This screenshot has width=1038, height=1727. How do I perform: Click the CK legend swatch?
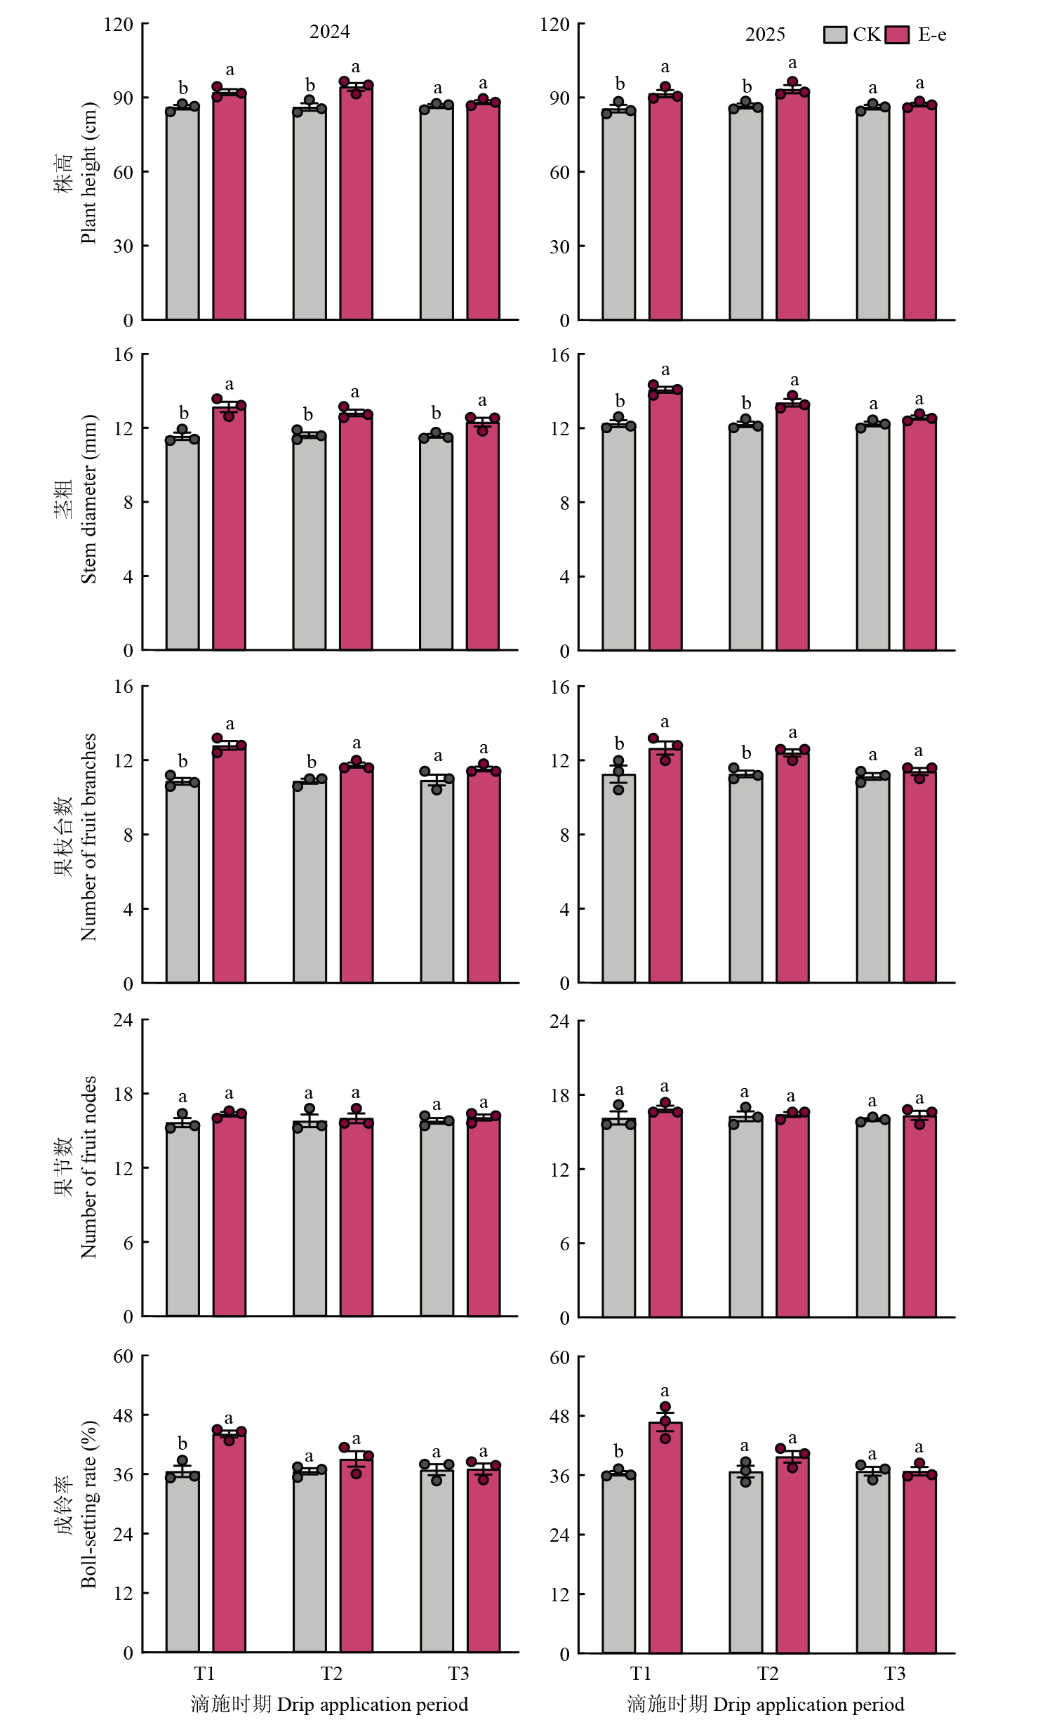[x=835, y=34]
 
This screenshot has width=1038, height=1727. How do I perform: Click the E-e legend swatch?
[x=897, y=34]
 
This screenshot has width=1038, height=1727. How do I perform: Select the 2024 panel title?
[x=330, y=32]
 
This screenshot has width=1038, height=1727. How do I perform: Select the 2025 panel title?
[x=765, y=34]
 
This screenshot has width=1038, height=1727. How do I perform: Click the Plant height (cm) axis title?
[x=88, y=173]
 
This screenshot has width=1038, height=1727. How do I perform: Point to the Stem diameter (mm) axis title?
[x=88, y=499]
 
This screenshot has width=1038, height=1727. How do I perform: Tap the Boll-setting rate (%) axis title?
[x=88, y=1504]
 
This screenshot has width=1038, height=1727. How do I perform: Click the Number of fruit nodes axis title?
[x=88, y=1167]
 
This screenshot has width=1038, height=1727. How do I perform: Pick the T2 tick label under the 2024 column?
[x=331, y=1674]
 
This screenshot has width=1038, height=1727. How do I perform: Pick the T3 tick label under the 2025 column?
[x=895, y=1674]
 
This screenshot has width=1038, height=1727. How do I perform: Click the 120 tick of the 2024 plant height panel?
[x=118, y=25]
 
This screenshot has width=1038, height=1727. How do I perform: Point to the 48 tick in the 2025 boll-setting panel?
[x=559, y=1416]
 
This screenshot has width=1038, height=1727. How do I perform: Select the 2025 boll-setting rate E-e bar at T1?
[x=665, y=1537]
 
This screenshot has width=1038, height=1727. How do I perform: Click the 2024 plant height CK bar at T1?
[x=182, y=213]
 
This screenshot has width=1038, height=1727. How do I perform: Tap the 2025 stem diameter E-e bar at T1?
[x=665, y=520]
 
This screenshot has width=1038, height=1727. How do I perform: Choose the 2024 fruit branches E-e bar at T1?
[x=229, y=864]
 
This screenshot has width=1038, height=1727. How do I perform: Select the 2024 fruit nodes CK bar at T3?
[x=437, y=1218]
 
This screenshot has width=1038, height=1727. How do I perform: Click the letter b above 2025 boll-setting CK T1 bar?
[x=618, y=1451]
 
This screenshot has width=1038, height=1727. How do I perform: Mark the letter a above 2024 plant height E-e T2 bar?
[x=356, y=67]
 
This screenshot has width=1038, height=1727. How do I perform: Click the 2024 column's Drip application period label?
[x=373, y=1705]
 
